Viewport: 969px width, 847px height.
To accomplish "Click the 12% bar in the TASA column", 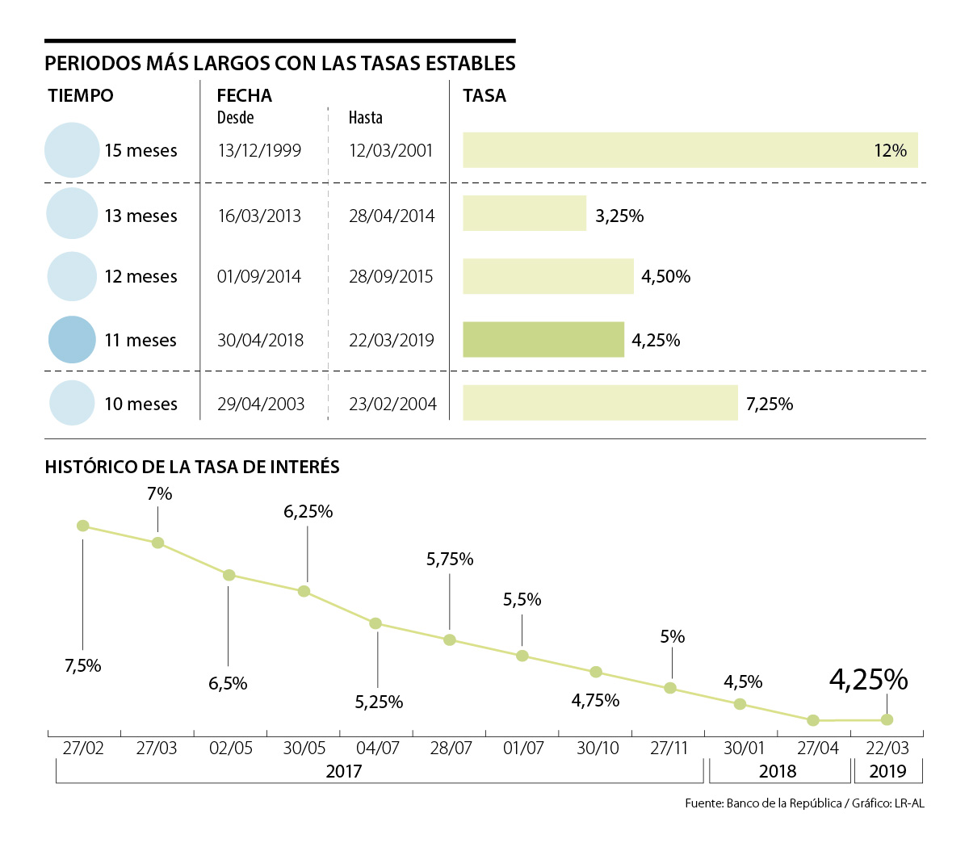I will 690,150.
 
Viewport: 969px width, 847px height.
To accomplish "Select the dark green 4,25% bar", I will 543,340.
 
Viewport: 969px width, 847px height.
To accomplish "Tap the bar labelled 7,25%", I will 600,403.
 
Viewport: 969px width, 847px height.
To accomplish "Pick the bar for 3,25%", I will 524,214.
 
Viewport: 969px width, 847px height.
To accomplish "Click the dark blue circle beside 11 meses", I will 72,339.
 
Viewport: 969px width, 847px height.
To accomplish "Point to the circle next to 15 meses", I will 72,150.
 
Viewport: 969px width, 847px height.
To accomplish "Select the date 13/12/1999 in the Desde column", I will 259,151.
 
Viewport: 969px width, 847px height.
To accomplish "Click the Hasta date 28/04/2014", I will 392,216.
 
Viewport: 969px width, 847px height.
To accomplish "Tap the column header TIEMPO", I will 81,95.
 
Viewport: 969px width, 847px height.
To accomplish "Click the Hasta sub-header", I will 365,118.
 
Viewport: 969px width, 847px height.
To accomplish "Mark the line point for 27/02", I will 82,526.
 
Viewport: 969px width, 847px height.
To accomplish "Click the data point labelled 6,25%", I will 304,591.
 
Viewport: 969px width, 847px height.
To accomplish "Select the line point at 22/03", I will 887,719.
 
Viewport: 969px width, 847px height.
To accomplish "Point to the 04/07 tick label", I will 377,748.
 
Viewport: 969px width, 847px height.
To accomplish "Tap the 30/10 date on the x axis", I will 598,748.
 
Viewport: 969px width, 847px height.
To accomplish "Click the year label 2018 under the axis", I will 778,771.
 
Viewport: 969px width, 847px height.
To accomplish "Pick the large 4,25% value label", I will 868,680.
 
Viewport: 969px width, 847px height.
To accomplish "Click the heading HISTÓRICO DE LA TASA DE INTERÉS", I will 192,467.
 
